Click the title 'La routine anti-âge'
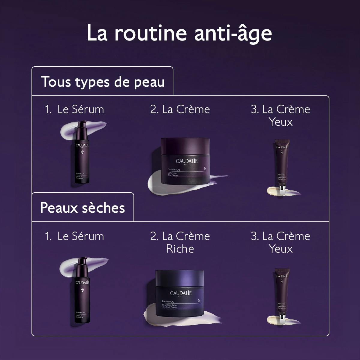tap(179, 33)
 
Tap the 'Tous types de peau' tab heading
tap(103, 82)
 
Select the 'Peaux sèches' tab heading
tap(82, 208)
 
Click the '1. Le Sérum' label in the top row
tap(74, 109)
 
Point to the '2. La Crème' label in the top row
tap(180, 109)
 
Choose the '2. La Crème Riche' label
tap(180, 242)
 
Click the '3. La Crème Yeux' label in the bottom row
tap(280, 242)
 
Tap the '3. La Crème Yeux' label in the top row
tap(280, 115)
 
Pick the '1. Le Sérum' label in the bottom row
tap(74, 236)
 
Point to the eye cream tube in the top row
tap(281, 165)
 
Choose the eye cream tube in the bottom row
tap(281, 294)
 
